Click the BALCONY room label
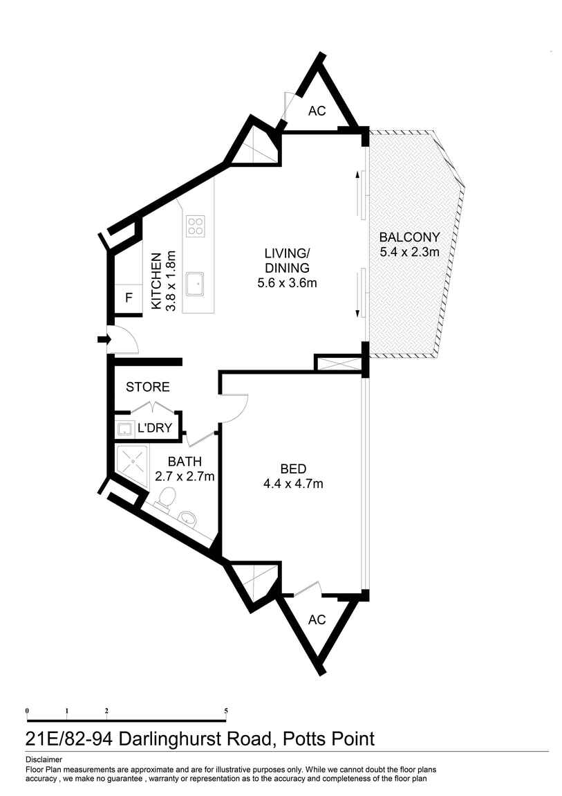tap(409, 237)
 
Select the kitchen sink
tap(197, 282)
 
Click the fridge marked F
tap(128, 298)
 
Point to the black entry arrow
tap(104, 339)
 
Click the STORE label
tap(147, 387)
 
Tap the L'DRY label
tap(153, 428)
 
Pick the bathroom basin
tap(188, 517)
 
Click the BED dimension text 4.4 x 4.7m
tap(293, 484)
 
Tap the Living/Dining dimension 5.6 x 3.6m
tap(286, 282)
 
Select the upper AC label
tap(317, 111)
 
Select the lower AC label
tap(317, 619)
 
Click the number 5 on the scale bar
tap(226, 711)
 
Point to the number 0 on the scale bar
tap(27, 711)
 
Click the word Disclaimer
tap(44, 759)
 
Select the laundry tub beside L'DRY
tap(124, 428)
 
